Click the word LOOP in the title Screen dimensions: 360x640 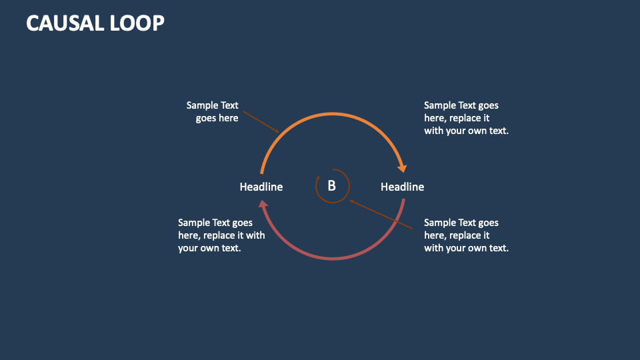(139, 23)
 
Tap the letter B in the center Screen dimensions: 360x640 (331, 187)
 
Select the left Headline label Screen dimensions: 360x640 (261, 187)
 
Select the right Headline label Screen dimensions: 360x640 (402, 187)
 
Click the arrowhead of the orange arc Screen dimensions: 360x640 (403, 167)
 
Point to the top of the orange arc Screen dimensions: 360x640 (332, 114)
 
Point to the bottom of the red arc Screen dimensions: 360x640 (332, 259)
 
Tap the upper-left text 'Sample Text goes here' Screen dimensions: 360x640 (213, 111)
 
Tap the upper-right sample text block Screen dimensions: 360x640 (466, 118)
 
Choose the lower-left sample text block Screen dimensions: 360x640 (221, 235)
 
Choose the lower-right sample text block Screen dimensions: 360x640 (466, 235)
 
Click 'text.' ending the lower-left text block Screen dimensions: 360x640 (228, 248)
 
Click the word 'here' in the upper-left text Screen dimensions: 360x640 (227, 118)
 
